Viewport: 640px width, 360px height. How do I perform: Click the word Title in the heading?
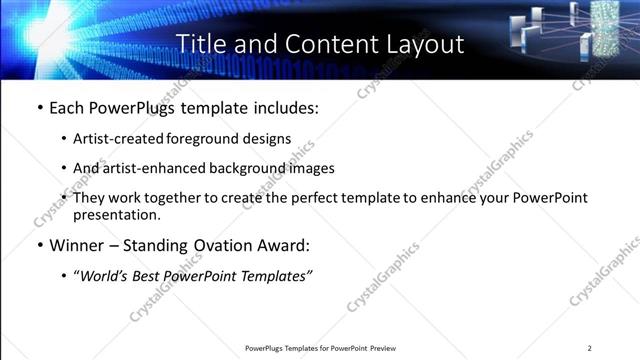click(202, 44)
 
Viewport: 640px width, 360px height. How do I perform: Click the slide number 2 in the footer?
click(589, 348)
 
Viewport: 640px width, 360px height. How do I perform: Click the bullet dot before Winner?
click(40, 245)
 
